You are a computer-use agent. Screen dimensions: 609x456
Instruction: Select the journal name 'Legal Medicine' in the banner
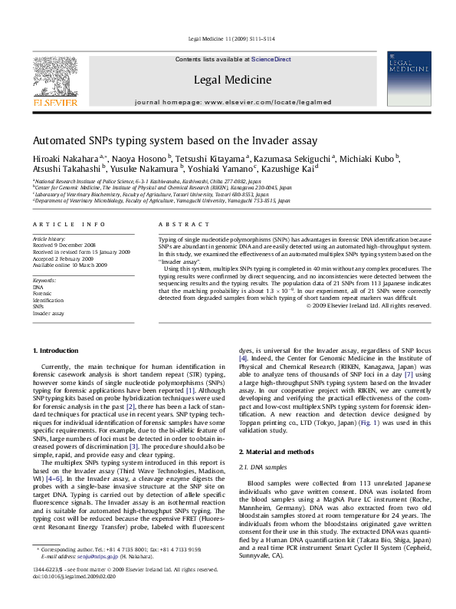point(233,80)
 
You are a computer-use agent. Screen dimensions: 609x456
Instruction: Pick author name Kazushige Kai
point(289,169)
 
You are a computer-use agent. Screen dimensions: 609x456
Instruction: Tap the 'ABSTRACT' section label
point(181,224)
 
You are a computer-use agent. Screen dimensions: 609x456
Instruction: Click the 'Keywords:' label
point(45,281)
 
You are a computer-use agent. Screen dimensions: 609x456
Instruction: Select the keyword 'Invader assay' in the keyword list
point(48,314)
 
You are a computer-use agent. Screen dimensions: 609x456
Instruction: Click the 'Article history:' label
point(49,239)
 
